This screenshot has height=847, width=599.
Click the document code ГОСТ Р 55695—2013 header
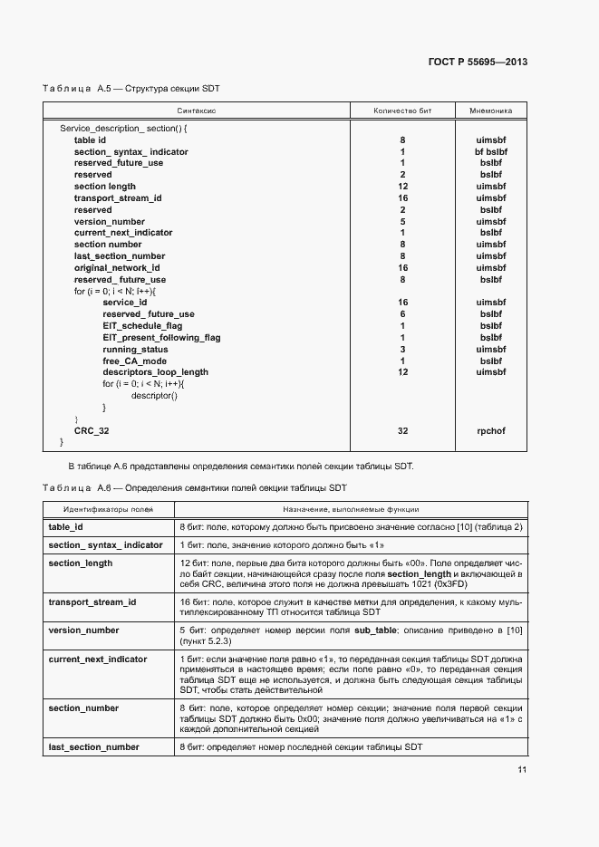pos(478,62)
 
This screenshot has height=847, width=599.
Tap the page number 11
pos(522,769)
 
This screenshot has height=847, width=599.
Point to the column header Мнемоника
pos(490,111)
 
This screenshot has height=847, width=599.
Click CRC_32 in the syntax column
pos(92,431)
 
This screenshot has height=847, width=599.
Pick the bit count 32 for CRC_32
pos(402,431)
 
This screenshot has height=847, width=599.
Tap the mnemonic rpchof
pos(490,431)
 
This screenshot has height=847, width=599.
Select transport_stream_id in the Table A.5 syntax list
pos(118,197)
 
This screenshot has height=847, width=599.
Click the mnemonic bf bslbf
pos(490,151)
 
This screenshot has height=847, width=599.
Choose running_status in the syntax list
pos(135,349)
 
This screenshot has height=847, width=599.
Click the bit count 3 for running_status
pos(402,349)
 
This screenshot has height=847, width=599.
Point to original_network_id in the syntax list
pos(117,268)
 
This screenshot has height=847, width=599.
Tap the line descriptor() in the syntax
pos(154,396)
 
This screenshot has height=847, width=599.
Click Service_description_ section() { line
pos(122,129)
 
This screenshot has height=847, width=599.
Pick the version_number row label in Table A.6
pos(83,630)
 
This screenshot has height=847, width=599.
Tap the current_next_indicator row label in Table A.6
pos(98,659)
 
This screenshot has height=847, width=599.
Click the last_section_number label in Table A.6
pos(94,746)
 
